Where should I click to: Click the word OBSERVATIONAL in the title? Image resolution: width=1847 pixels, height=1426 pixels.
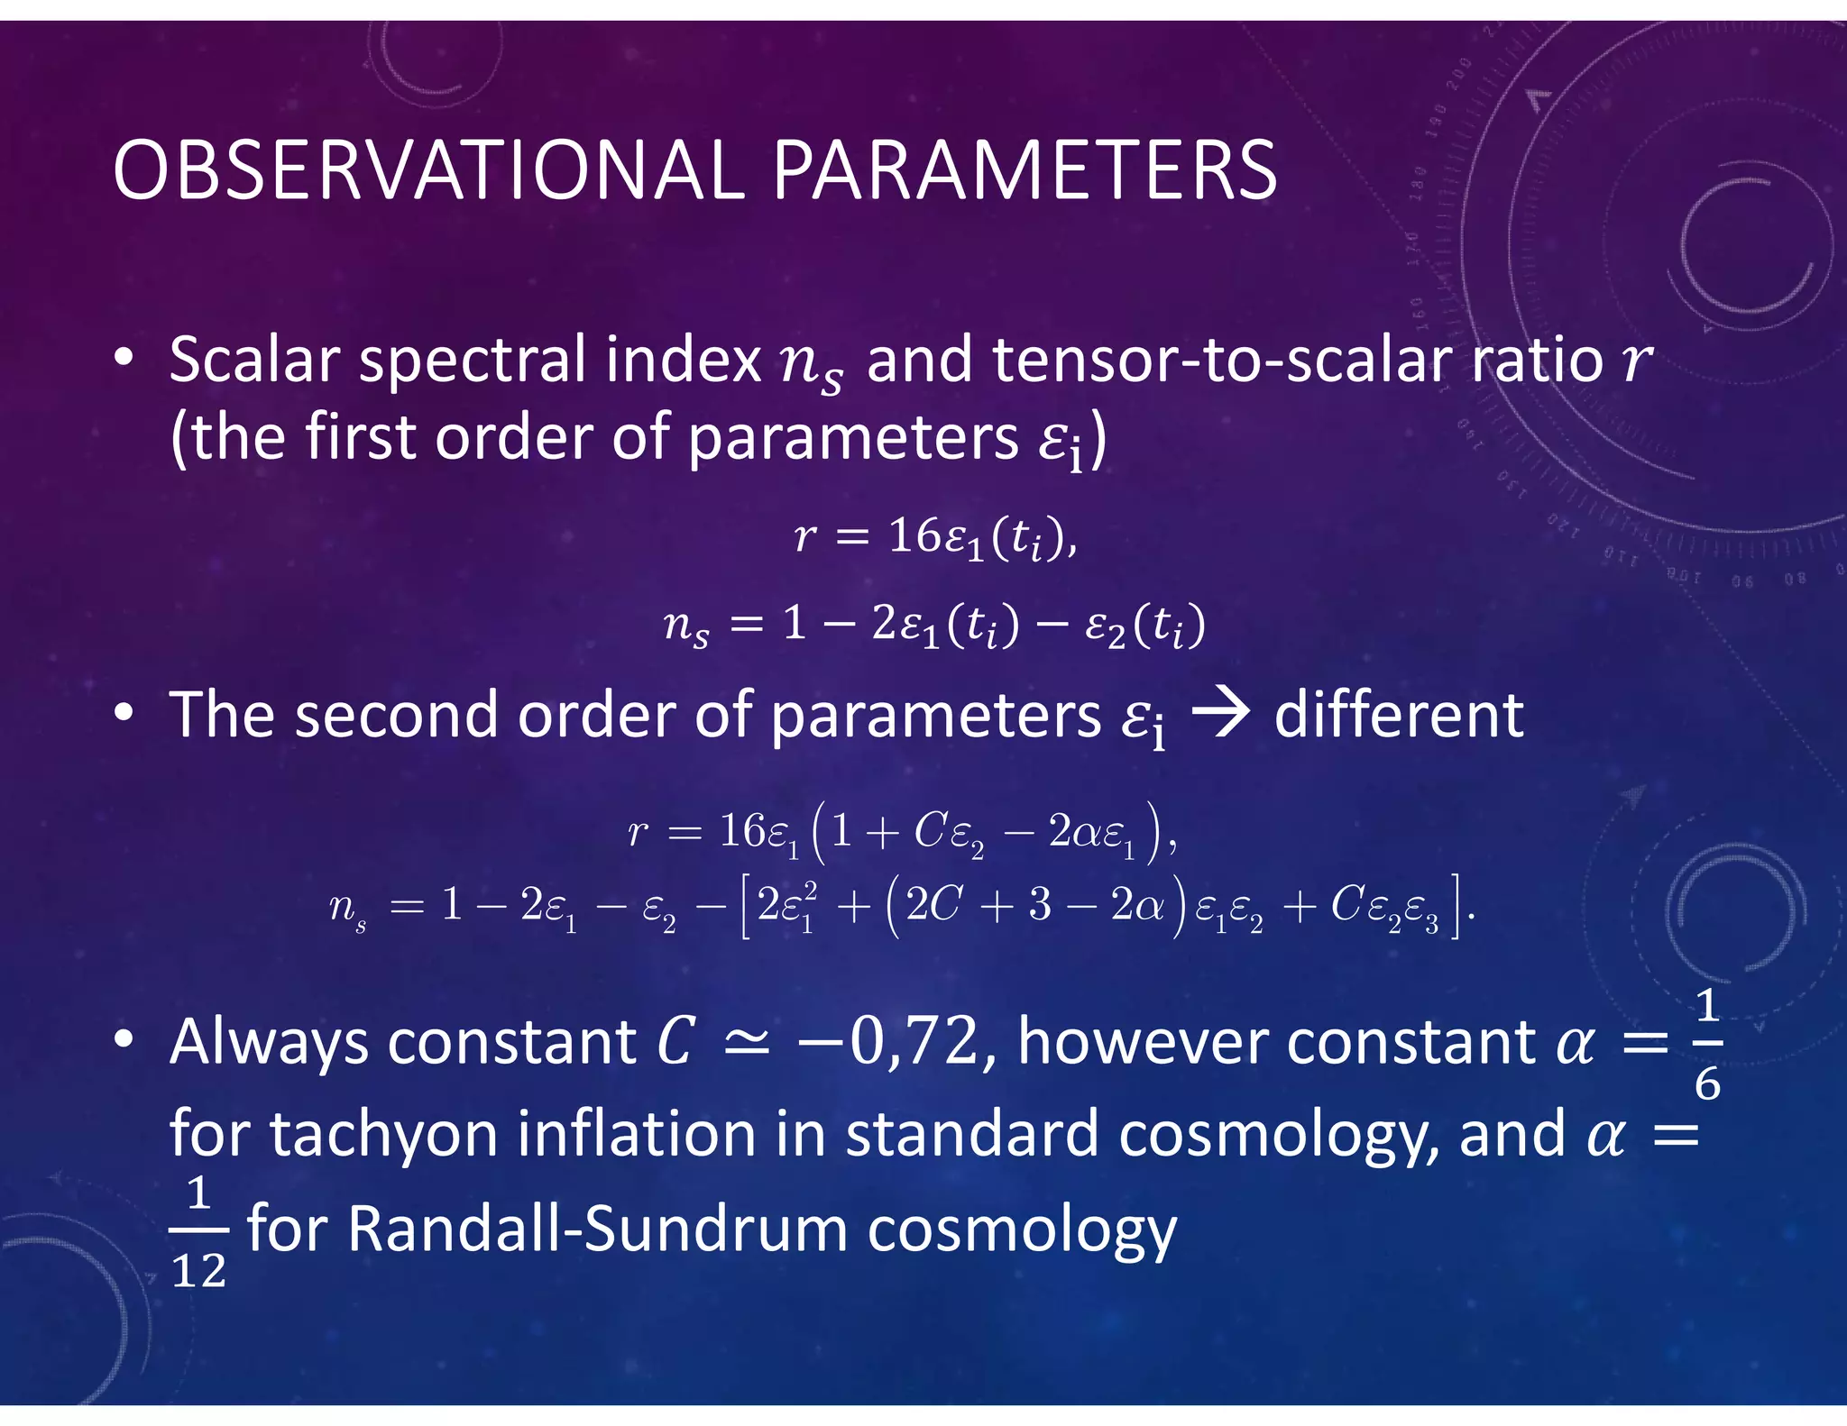coord(428,171)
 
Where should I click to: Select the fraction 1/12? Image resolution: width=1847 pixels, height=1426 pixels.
coord(198,1232)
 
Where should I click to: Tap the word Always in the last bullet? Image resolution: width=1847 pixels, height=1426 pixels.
coord(269,1043)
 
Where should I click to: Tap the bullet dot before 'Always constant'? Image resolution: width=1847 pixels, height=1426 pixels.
coord(124,1039)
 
